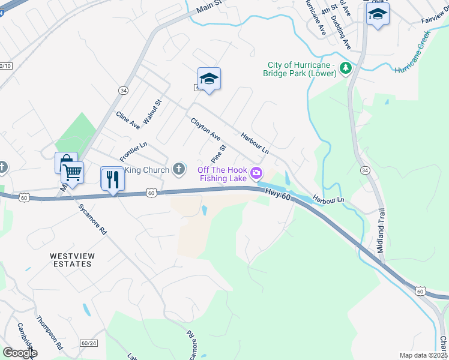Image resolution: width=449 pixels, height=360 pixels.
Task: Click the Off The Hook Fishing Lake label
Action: point(222,174)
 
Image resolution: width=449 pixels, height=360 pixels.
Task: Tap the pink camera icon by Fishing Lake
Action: point(256,174)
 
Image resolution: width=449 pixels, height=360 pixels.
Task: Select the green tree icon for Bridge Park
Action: point(345,69)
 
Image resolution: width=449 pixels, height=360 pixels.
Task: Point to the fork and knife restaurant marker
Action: point(112,179)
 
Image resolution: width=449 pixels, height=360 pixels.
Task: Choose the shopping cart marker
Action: point(72,173)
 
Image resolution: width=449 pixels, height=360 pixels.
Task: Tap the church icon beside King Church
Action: point(178,170)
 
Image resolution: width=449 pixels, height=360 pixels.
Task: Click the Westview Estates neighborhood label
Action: point(72,260)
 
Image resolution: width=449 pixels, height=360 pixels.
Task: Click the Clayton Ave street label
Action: point(206,130)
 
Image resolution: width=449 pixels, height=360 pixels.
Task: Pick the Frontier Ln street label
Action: point(133,152)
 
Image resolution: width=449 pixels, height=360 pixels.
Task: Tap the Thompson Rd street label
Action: point(49,333)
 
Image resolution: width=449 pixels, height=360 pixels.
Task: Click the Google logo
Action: point(20,352)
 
